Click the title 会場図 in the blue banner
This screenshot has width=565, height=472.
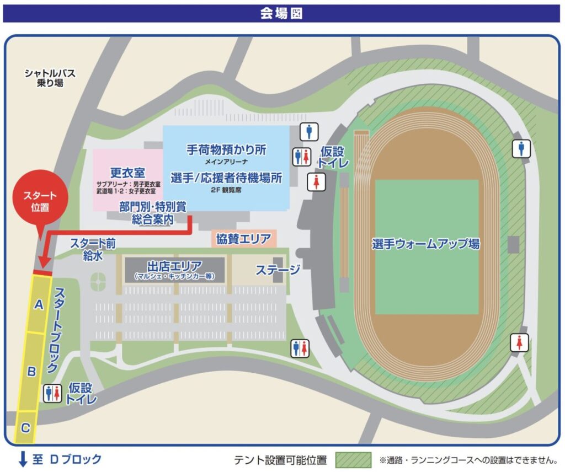282,14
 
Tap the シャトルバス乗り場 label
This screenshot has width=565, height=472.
50,78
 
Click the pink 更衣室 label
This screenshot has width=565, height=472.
127,171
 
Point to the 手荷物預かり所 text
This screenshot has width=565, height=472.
226,149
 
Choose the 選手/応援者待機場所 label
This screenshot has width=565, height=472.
226,178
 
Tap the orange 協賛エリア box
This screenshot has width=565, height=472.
243,239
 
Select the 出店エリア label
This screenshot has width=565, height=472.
174,266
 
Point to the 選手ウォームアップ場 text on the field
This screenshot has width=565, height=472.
425,244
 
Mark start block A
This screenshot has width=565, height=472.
38,304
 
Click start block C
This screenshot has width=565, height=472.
25,427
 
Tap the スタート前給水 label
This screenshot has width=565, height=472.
93,249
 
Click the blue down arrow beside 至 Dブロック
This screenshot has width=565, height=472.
23,459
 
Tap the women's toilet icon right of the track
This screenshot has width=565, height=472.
519,342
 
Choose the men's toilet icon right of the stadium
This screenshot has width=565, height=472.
521,148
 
